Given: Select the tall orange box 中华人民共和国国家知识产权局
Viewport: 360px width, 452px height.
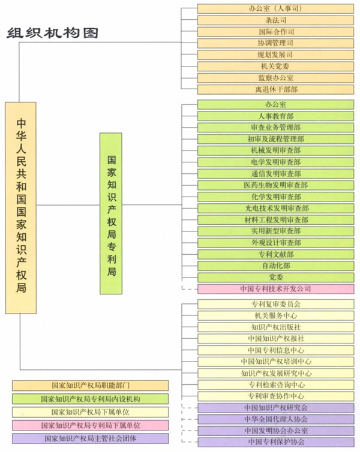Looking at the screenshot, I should tap(21, 207).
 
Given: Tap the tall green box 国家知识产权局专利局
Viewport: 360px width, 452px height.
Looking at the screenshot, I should tap(111, 213).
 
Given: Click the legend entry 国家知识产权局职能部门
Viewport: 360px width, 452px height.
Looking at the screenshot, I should tap(91, 385).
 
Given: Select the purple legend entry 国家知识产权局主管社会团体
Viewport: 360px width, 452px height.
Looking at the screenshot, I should tap(91, 438).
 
